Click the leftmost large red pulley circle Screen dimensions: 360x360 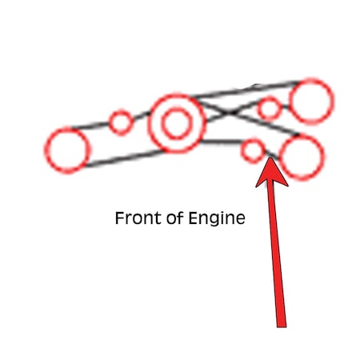[46, 150]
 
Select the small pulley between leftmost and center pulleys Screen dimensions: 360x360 [110, 122]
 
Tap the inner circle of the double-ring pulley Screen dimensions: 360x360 [163, 123]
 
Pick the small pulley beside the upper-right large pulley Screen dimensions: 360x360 [258, 109]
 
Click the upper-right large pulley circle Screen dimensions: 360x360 [290, 102]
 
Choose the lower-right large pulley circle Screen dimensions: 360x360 [280, 158]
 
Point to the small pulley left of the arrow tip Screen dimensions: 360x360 [242, 150]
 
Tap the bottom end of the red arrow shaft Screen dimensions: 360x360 [282, 326]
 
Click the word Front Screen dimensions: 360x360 [139, 218]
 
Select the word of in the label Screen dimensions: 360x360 [175, 218]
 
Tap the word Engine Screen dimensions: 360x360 [217, 218]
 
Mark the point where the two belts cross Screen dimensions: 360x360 [230, 113]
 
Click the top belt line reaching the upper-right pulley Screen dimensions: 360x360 [246, 89]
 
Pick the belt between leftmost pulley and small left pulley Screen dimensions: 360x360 [90, 126]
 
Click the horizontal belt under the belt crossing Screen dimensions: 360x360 [222, 142]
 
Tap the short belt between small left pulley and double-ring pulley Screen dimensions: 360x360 [142, 116]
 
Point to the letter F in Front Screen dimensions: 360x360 [119, 218]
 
